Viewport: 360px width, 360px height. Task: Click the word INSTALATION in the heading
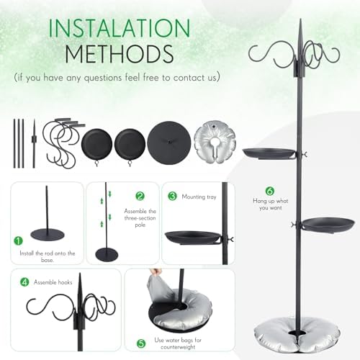(120, 28)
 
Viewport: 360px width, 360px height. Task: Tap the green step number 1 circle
(18, 240)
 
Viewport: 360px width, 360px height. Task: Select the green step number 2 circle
(140, 196)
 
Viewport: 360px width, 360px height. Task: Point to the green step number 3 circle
(172, 196)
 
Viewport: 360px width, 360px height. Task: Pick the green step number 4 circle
(24, 282)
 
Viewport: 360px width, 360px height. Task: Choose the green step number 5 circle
(141, 343)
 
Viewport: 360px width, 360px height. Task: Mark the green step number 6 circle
(270, 191)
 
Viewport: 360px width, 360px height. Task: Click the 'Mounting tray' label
(199, 197)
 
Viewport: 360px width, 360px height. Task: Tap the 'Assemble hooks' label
(53, 282)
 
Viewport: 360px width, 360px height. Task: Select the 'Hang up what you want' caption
(271, 204)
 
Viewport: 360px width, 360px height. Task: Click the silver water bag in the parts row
(215, 142)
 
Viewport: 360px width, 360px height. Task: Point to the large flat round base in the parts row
(169, 143)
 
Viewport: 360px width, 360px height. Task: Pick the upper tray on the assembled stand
(269, 153)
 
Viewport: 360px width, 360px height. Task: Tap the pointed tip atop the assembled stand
(300, 19)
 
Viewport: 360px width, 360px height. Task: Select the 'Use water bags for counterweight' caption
(178, 343)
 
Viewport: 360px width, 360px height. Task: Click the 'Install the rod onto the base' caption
(48, 256)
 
